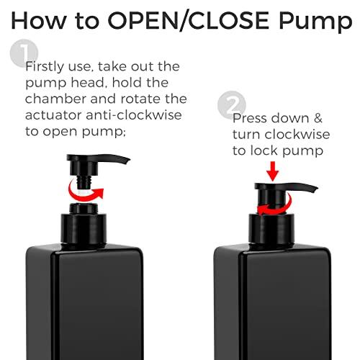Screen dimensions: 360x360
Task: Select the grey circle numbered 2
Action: tap(235, 103)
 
